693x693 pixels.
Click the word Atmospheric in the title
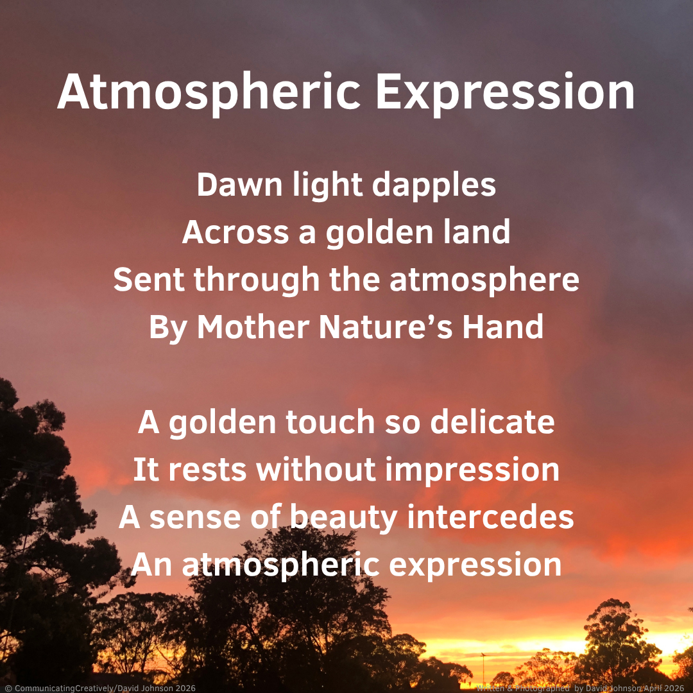[209, 93]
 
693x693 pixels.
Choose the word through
[256, 281]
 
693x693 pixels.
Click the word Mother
[253, 327]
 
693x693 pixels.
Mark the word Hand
[503, 327]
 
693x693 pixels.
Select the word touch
[330, 422]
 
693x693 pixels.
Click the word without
[316, 469]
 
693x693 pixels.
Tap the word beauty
[344, 518]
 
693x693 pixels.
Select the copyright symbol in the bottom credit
[8, 688]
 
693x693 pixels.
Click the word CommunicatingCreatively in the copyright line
[64, 688]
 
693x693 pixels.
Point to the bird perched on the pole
[483, 654]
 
